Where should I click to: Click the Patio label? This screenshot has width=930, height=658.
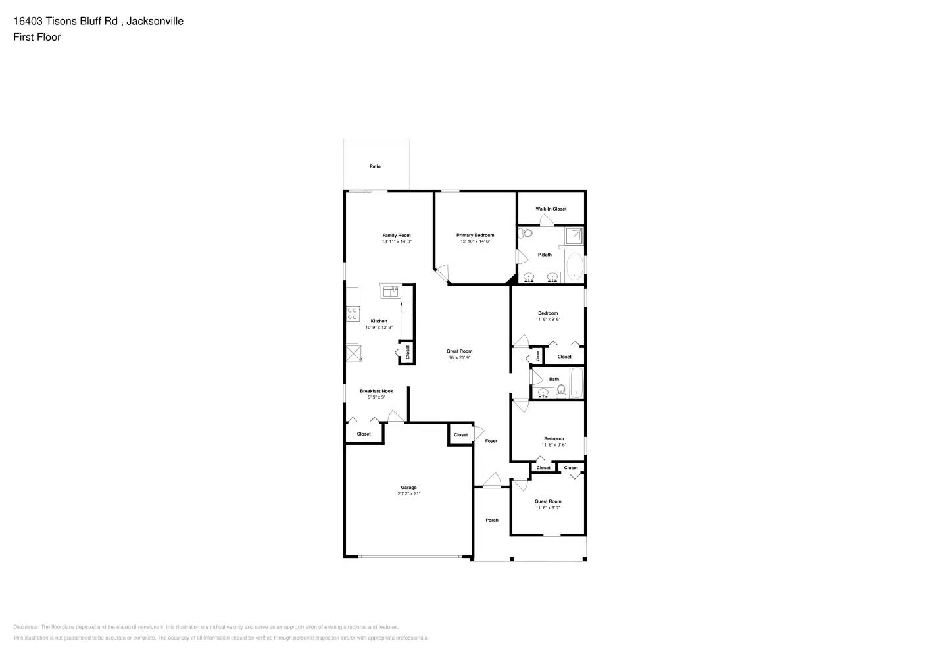(375, 166)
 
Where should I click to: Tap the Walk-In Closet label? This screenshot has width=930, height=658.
(551, 209)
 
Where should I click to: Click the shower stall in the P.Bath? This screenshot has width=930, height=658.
(574, 236)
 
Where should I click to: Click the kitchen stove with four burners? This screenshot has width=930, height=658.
(353, 314)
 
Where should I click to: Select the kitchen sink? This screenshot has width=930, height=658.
(389, 290)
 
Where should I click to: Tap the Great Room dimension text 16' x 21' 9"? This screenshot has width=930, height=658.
(460, 358)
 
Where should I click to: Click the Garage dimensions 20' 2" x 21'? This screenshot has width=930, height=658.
(408, 493)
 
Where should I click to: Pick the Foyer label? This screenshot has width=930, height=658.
(491, 441)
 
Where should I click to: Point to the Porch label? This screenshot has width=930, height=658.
(492, 520)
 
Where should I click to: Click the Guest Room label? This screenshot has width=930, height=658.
(548, 501)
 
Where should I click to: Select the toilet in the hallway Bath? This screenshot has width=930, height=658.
(561, 392)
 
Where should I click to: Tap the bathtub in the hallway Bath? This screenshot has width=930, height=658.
(576, 383)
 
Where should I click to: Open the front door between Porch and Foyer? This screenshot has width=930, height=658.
(491, 483)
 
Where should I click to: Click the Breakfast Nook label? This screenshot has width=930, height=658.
(376, 391)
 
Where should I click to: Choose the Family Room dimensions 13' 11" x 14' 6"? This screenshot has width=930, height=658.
(397, 241)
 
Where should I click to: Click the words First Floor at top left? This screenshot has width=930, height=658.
(37, 37)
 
